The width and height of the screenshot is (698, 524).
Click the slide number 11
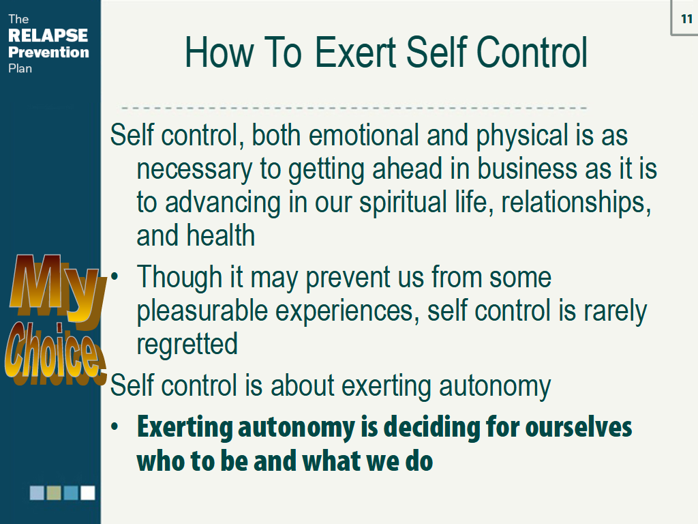coord(687,18)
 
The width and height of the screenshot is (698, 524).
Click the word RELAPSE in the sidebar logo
coord(48,35)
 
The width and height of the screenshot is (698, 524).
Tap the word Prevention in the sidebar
coord(48,52)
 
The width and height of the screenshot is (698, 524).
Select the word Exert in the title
coord(355,52)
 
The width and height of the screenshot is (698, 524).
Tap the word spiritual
coord(403,203)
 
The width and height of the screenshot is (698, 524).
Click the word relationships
coord(576,203)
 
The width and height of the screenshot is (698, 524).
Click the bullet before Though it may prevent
coord(115,276)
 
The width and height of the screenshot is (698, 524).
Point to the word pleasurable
coord(202,311)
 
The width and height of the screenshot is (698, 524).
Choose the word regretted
coord(187,345)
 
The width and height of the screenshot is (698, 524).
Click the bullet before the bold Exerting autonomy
coord(115,426)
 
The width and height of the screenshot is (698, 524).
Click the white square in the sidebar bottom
coord(88,493)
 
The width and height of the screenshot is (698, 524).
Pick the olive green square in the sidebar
coord(54,493)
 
